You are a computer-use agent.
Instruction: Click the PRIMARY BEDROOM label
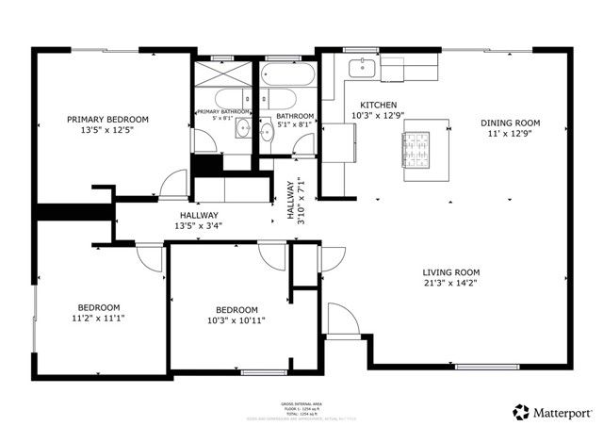click(x=107, y=119)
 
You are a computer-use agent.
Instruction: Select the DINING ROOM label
click(x=511, y=123)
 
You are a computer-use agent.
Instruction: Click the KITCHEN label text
click(x=377, y=105)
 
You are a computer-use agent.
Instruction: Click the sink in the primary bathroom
click(x=243, y=130)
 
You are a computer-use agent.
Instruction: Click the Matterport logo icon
click(x=521, y=412)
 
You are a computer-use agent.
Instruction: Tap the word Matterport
click(x=564, y=412)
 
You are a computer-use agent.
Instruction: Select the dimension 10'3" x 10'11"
click(x=236, y=320)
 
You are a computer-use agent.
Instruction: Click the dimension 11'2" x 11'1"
click(x=98, y=319)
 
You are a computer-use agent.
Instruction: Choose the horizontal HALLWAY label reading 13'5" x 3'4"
click(x=197, y=226)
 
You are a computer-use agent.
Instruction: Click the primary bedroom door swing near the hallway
click(x=173, y=186)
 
